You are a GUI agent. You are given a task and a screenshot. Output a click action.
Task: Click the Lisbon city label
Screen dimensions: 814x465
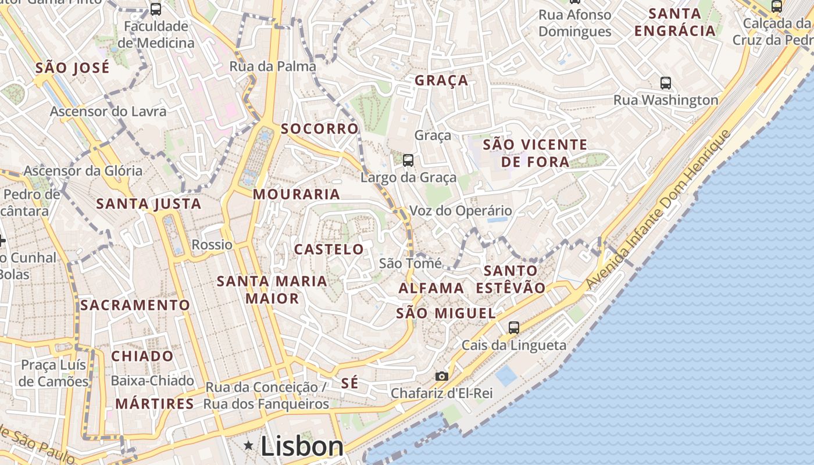[x=302, y=446]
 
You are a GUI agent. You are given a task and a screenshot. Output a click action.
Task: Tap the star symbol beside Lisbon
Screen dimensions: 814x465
[x=249, y=446]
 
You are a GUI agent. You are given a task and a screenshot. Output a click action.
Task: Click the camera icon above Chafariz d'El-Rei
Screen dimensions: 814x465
[x=442, y=376]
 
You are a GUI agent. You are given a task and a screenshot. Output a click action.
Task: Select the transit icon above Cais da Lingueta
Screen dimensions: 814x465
[x=514, y=327]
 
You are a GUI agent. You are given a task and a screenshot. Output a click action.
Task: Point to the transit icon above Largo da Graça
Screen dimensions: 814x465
[x=408, y=160]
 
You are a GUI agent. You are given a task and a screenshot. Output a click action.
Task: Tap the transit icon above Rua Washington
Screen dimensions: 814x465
[x=666, y=83]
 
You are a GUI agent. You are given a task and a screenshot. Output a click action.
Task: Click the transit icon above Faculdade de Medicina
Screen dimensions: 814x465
[x=156, y=9]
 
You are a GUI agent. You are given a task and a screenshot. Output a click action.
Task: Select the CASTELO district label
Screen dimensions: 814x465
[x=329, y=249]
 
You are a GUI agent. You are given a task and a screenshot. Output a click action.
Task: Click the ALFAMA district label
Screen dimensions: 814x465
[x=431, y=288]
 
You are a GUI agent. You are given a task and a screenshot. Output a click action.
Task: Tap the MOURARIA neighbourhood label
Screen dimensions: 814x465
[x=297, y=194]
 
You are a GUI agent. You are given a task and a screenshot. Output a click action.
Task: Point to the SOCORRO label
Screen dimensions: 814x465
[x=320, y=128]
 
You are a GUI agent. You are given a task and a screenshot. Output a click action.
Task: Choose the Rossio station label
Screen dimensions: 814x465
[x=212, y=245]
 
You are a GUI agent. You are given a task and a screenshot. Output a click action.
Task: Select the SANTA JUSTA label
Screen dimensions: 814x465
[x=149, y=203]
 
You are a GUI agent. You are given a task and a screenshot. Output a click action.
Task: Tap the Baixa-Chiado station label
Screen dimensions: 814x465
[x=152, y=381]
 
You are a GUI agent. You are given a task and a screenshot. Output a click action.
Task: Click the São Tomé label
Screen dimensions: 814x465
[x=410, y=263]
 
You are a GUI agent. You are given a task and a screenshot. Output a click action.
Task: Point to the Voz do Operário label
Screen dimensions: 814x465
[x=461, y=210]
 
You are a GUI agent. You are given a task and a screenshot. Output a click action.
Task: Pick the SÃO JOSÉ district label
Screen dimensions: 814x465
[x=72, y=68]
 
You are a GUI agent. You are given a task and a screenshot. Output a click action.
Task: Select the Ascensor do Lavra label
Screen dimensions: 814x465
[x=108, y=111]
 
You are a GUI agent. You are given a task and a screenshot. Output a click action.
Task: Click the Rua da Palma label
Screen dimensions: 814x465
[x=273, y=66]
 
